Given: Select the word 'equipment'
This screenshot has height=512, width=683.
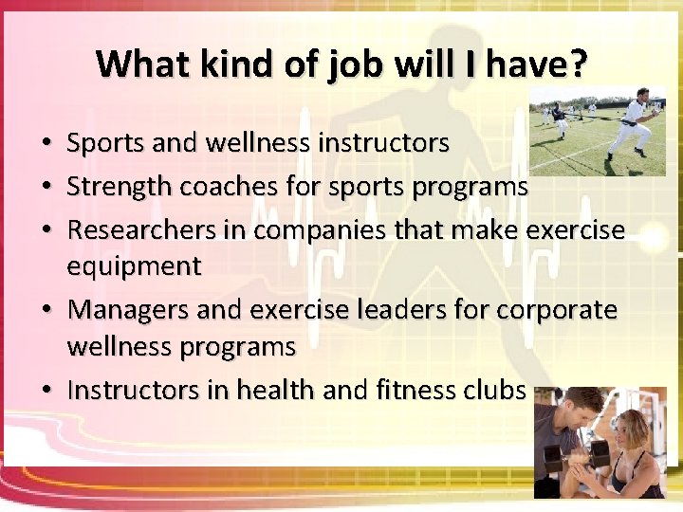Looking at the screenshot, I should point(134,267).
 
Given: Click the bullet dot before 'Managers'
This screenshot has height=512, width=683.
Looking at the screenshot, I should point(46,311).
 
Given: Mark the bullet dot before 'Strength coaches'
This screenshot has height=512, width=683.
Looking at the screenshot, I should point(46,188).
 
